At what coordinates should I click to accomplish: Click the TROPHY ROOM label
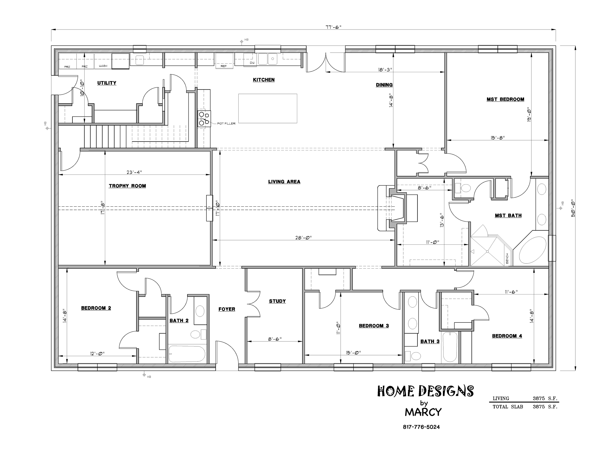pyautogui.click(x=127, y=186)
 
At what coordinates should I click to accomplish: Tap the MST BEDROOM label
pyautogui.click(x=505, y=99)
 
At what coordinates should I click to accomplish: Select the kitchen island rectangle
pyautogui.click(x=267, y=108)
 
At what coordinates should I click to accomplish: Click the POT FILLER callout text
pyautogui.click(x=226, y=124)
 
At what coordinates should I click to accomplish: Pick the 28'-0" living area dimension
pyautogui.click(x=303, y=237)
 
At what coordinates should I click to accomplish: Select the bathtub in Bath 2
pyautogui.click(x=187, y=354)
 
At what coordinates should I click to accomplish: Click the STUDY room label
pyautogui.click(x=277, y=301)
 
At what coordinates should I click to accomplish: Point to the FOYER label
pyautogui.click(x=227, y=309)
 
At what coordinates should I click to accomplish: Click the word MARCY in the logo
pyautogui.click(x=423, y=412)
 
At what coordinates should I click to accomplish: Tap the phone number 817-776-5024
pyautogui.click(x=421, y=427)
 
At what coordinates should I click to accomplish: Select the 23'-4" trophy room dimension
pyautogui.click(x=134, y=172)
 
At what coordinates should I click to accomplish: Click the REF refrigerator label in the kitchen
pyautogui.click(x=224, y=66)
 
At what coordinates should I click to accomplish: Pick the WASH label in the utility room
pyautogui.click(x=103, y=66)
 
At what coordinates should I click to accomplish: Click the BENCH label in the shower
pyautogui.click(x=507, y=259)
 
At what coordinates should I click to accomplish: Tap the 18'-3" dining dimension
pyautogui.click(x=385, y=70)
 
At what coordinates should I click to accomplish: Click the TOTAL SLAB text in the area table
pyautogui.click(x=508, y=407)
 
